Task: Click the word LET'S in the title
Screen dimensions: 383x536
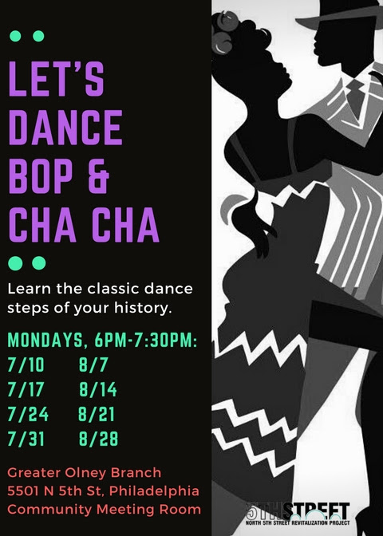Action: tap(56, 79)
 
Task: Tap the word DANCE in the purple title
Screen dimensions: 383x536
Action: tap(65, 128)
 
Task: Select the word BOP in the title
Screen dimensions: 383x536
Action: tap(41, 176)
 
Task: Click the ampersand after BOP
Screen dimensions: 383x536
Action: tap(98, 176)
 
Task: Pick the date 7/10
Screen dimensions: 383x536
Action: tap(26, 365)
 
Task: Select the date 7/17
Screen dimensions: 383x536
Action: tap(26, 389)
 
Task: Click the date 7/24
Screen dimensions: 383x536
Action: tap(28, 414)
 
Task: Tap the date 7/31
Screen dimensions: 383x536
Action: tap(26, 439)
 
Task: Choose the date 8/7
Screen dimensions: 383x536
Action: tap(93, 365)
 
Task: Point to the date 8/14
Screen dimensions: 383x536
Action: tap(98, 389)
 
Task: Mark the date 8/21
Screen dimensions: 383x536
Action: tap(97, 414)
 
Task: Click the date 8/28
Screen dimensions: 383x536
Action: tap(98, 439)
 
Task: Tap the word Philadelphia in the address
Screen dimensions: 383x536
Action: tap(154, 491)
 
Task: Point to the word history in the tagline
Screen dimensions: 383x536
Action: tap(143, 308)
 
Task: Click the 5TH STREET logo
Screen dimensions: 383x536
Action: tap(298, 514)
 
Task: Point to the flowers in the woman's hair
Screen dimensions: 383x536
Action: tap(224, 33)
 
